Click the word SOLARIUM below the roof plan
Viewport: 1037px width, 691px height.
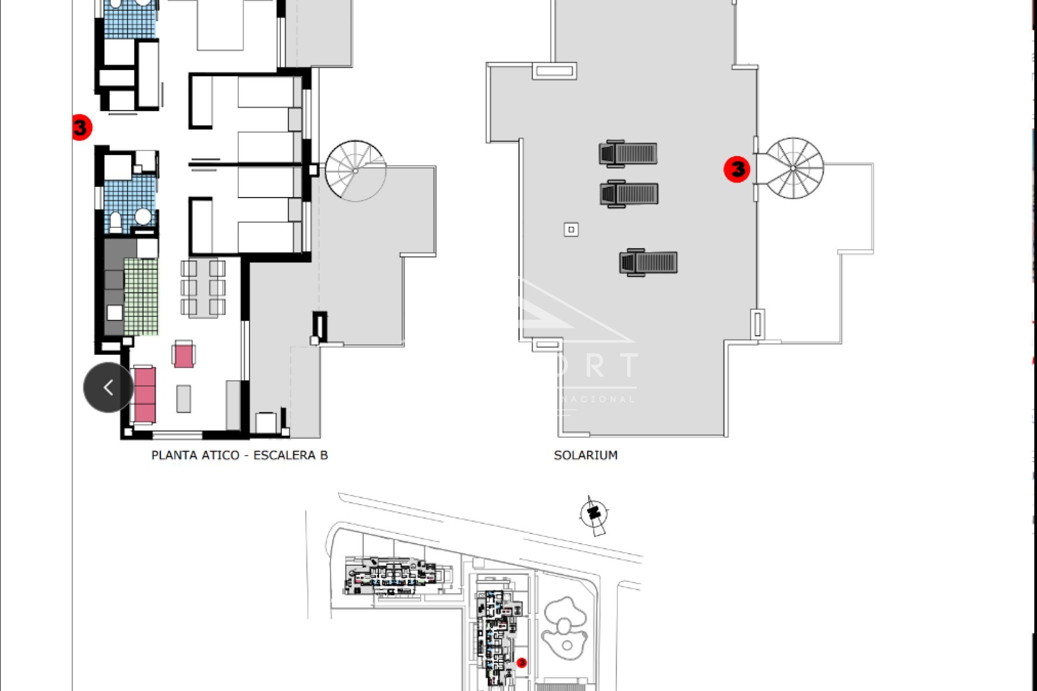point(585,455)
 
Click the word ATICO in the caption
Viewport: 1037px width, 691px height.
point(219,455)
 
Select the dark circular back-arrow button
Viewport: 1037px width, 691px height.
point(108,387)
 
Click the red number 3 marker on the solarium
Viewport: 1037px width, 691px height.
point(737,169)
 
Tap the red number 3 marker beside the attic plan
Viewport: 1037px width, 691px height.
point(81,127)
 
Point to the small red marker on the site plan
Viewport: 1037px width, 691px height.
point(522,662)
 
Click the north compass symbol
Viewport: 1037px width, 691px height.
point(594,513)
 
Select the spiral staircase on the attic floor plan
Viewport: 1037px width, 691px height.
point(355,171)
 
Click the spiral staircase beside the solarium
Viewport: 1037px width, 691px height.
point(793,168)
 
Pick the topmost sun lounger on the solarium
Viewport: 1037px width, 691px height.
point(628,153)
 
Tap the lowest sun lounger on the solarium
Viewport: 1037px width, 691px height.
point(648,263)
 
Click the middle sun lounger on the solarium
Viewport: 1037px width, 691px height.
point(629,193)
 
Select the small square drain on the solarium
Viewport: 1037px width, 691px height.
point(571,229)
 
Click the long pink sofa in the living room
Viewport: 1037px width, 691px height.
point(144,395)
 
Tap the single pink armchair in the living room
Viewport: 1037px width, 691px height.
point(184,355)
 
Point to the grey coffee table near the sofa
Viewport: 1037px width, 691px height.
point(184,398)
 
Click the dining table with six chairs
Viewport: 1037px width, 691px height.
point(203,288)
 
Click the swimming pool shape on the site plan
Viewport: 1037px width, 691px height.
point(564,626)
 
